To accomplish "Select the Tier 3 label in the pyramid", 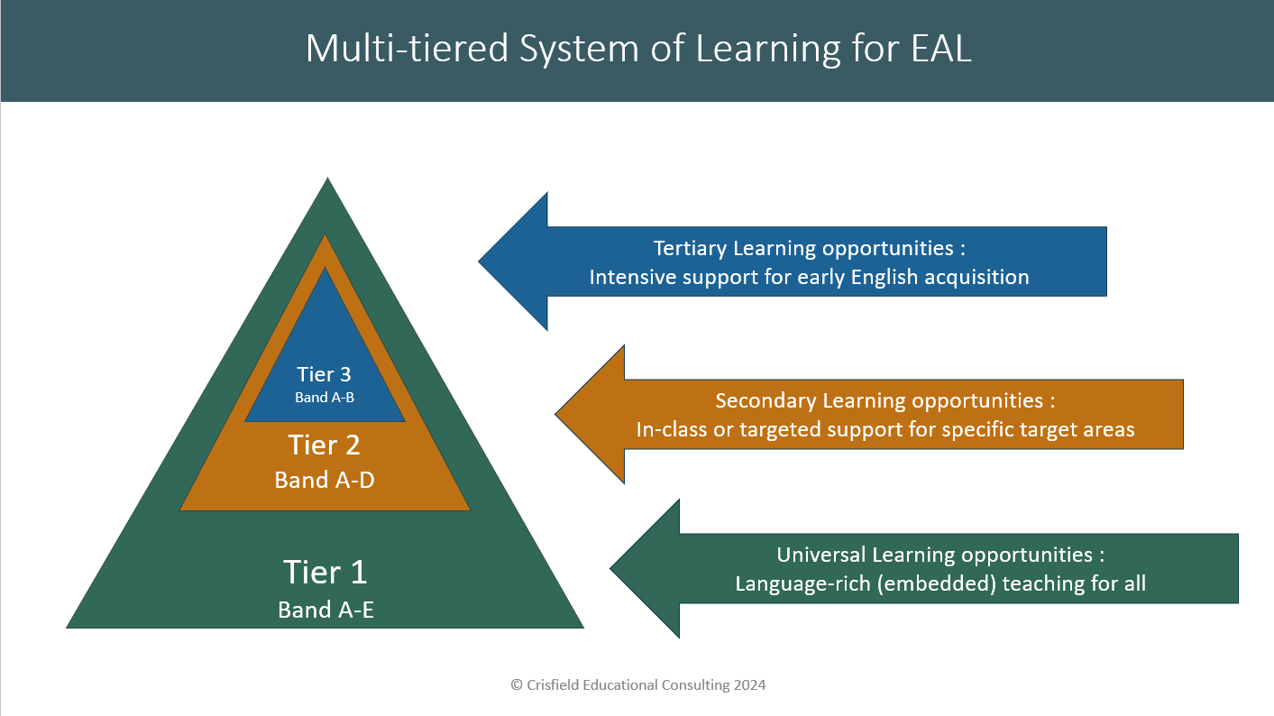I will [x=325, y=375].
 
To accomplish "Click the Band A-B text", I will [x=325, y=397].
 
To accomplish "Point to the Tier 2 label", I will [x=325, y=445].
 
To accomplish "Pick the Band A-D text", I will [x=325, y=480].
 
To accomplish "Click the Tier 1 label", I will [x=325, y=573].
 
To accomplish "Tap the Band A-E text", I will [x=325, y=610].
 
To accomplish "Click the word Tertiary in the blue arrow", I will [x=691, y=248].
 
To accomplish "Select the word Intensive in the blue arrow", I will [x=633, y=277].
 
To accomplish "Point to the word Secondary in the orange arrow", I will [x=765, y=400].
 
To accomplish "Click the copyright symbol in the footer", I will [x=517, y=685].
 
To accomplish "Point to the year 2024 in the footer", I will [x=748, y=685].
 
